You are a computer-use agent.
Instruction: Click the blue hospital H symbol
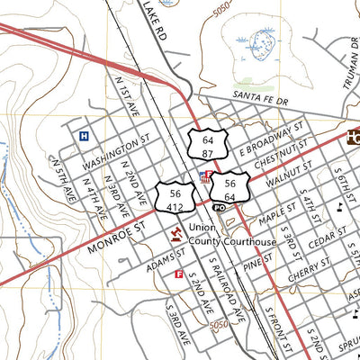tap(84, 137)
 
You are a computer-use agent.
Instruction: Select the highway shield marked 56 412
tap(174, 200)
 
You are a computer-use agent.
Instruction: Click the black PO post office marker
tap(219, 207)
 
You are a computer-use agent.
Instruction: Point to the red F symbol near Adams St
tap(179, 274)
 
